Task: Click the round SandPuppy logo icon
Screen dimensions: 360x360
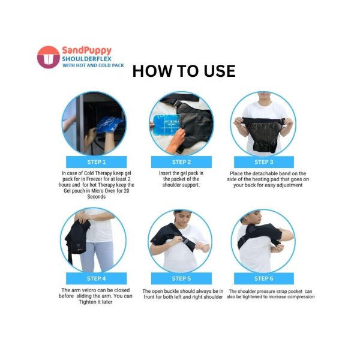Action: (49, 57)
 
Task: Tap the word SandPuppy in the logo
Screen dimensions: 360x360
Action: (87, 50)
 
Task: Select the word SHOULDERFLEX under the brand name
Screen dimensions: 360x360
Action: (86, 59)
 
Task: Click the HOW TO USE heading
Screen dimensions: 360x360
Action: (184, 71)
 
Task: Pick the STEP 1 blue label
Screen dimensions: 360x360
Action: (97, 162)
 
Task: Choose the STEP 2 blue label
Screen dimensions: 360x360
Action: (181, 162)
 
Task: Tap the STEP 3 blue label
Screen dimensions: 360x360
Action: (264, 162)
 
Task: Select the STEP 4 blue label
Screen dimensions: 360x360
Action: (97, 278)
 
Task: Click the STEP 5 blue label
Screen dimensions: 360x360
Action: (181, 278)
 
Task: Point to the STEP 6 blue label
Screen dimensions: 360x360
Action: (264, 278)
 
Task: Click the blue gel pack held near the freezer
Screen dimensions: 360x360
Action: (110, 125)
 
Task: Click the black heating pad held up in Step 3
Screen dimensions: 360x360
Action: (263, 134)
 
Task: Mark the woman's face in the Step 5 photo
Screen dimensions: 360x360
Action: (182, 218)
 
